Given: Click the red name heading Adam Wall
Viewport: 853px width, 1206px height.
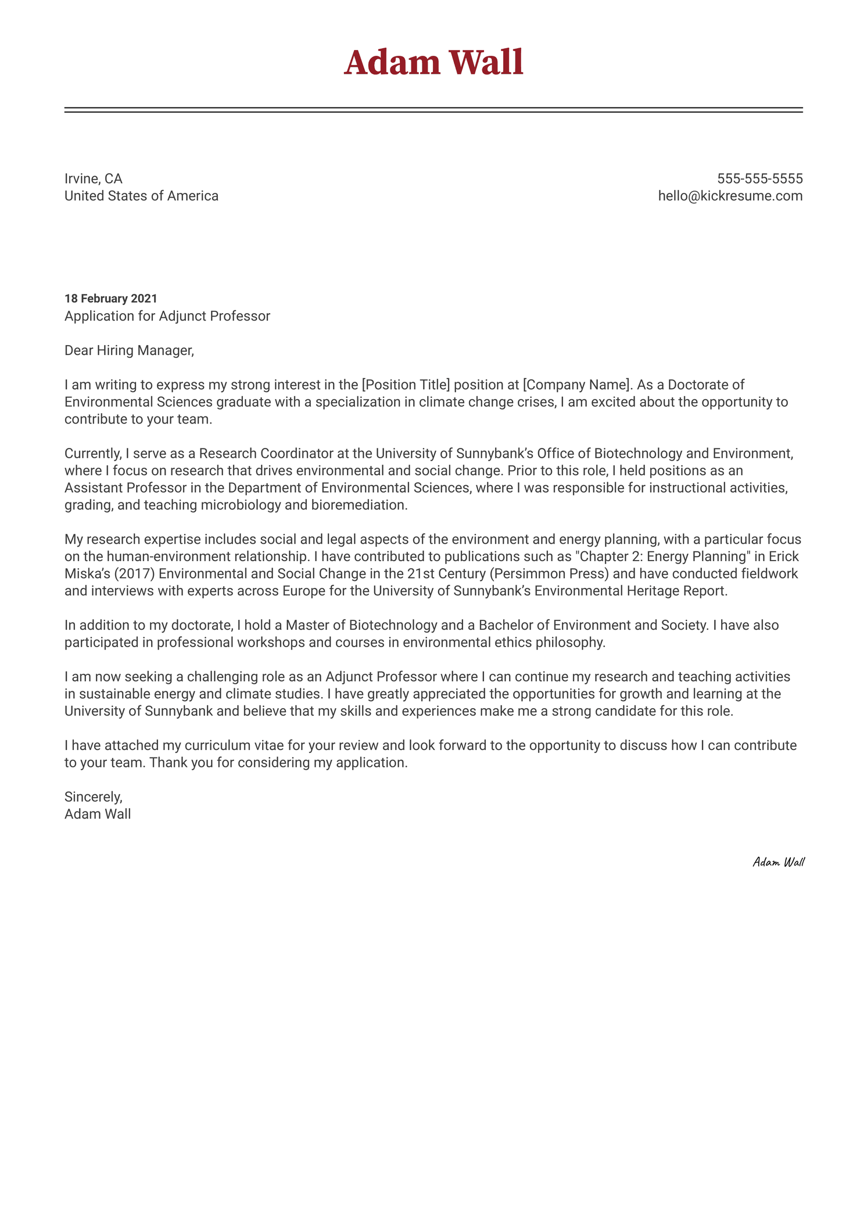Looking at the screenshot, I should [x=433, y=63].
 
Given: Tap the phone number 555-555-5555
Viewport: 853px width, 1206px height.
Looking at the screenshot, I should [x=759, y=178].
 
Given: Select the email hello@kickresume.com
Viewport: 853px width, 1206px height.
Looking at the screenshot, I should [x=730, y=196].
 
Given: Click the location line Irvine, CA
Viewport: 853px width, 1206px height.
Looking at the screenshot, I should [x=93, y=178].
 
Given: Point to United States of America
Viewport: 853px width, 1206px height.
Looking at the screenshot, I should [x=141, y=196].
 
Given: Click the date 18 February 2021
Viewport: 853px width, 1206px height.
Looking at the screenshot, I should [x=110, y=299].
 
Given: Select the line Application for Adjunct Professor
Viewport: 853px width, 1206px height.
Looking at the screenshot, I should [x=167, y=316].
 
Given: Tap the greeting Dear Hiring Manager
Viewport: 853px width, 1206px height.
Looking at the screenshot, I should [x=128, y=350].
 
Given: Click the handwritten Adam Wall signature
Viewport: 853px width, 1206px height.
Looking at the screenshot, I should [x=778, y=862].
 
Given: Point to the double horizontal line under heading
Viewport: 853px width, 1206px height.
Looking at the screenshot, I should [x=433, y=110].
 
